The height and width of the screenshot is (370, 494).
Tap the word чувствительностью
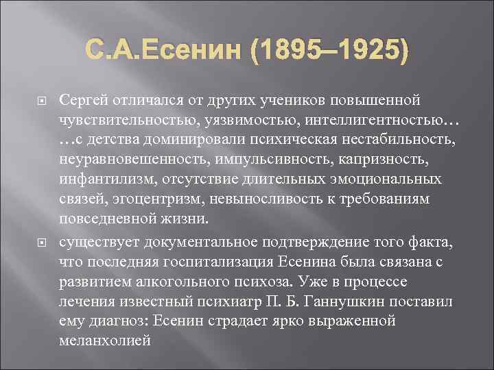tap(116, 122)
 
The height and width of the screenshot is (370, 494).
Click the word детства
tap(110, 142)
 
